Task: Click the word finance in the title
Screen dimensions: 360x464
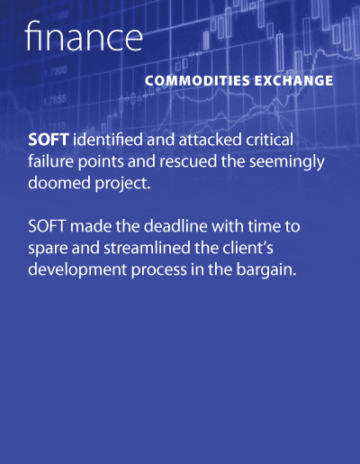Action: pos(84,36)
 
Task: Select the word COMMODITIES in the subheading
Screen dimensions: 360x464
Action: pos(197,81)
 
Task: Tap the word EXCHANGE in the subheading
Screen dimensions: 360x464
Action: pos(294,81)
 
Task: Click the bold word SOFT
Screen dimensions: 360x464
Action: pos(49,140)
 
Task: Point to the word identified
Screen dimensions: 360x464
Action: pos(108,140)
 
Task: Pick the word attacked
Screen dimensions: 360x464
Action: pos(211,140)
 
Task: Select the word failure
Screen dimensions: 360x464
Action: pos(51,161)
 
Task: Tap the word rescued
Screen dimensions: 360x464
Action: pos(188,161)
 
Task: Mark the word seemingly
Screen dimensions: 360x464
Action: pos(287,163)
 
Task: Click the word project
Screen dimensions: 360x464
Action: pos(122,184)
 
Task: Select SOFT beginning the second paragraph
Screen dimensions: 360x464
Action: pos(47,226)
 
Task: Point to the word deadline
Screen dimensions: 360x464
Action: pos(175,226)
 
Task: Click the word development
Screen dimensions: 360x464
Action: pos(77,270)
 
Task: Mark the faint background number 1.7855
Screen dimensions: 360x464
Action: pos(55,100)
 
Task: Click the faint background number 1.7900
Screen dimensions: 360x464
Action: pos(56,72)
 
